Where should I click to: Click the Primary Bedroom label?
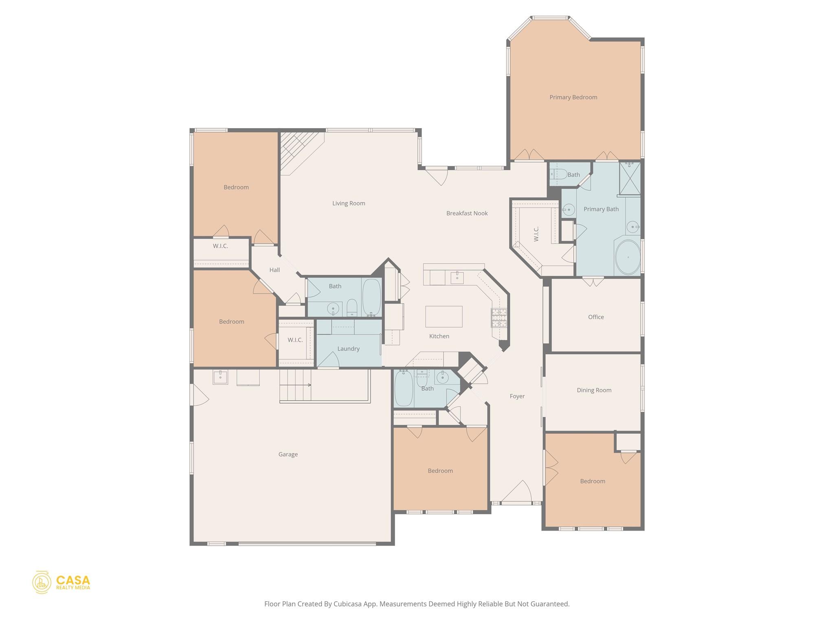tap(573, 97)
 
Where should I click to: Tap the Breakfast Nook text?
tap(467, 213)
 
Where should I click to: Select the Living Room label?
tap(349, 203)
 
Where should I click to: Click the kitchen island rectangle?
tap(443, 317)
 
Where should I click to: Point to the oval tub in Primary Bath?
tap(628, 257)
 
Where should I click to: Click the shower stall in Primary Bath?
tap(630, 178)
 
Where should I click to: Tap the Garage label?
tap(288, 455)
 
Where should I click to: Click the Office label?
tap(596, 317)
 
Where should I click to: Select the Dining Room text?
tap(594, 390)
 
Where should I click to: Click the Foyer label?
tap(517, 396)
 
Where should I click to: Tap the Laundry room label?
tap(348, 349)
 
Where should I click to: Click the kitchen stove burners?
tap(499, 318)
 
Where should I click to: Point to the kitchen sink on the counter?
tap(457, 278)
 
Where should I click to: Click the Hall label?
tap(274, 270)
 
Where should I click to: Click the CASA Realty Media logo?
tap(61, 582)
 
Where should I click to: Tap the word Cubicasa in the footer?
tap(348, 604)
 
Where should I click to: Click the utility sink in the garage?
tap(220, 377)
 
